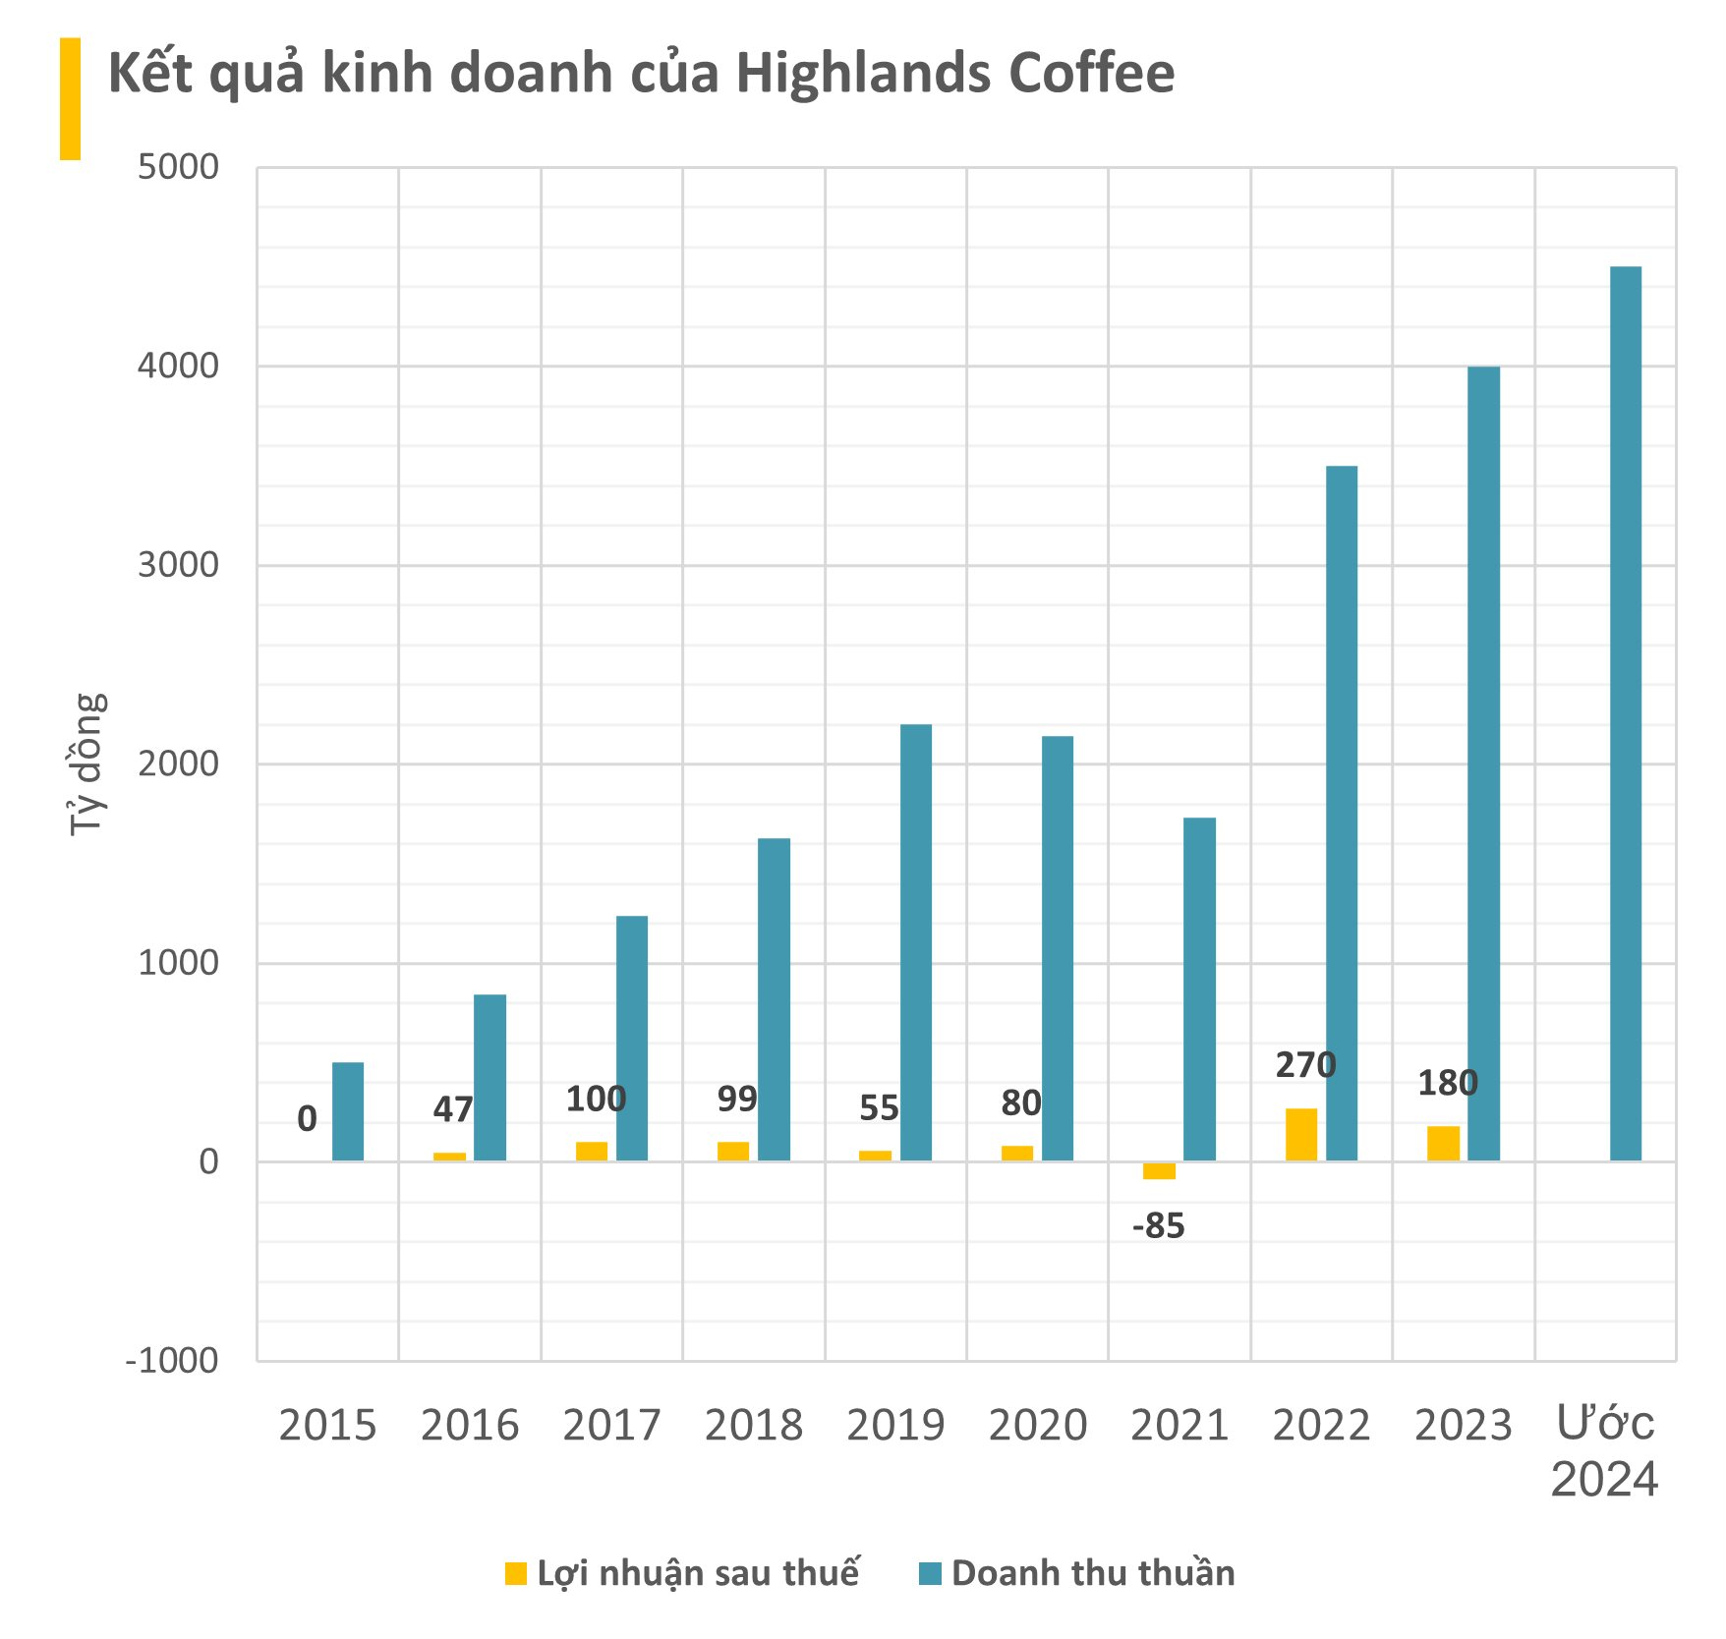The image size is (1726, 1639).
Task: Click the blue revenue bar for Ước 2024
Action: [x=1625, y=713]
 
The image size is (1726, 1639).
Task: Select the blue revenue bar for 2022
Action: [x=1341, y=813]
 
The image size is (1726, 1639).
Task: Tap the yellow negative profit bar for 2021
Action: [x=1159, y=1170]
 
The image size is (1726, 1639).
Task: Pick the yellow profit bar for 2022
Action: [x=1300, y=1134]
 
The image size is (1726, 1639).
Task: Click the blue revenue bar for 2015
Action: [x=348, y=1111]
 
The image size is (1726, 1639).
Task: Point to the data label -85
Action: [x=1159, y=1226]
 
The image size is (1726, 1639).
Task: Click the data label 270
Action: [x=1305, y=1065]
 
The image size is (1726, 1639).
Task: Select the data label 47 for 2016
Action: [x=453, y=1109]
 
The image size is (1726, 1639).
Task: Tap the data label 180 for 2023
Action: [x=1447, y=1083]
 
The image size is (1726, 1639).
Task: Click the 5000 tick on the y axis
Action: [x=178, y=167]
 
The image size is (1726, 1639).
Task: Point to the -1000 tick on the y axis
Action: [x=172, y=1361]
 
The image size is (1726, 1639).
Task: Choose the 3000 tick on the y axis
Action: [x=178, y=565]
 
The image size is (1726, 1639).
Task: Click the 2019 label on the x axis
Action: [x=894, y=1426]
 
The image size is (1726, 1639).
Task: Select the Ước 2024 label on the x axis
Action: [x=1604, y=1451]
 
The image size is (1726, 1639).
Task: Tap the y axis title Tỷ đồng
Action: [x=86, y=764]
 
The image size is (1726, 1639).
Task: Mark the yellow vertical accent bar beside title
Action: [x=70, y=98]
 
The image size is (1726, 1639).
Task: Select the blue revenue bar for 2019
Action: [x=915, y=942]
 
